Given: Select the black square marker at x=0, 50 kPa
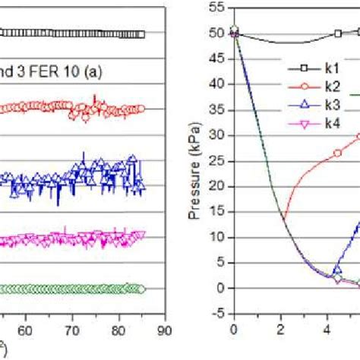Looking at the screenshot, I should pos(235,32).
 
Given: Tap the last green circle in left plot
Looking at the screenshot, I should pos(141,289).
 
